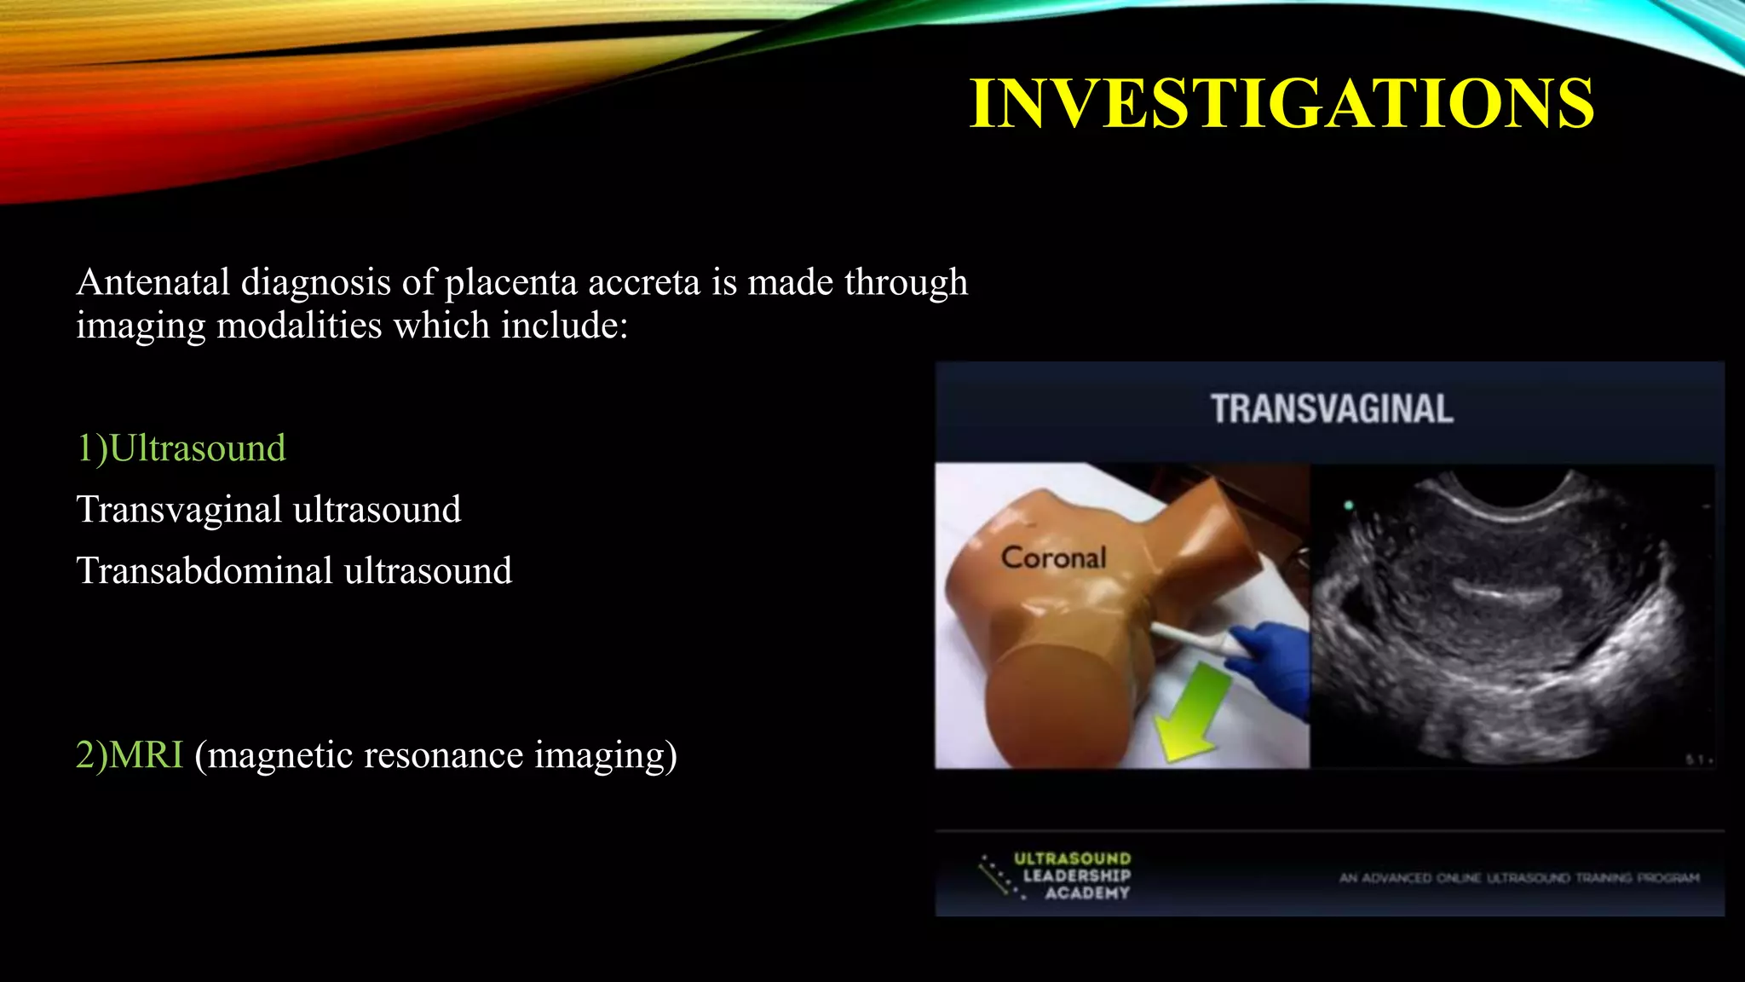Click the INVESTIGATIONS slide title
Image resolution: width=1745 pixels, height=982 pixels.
coord(1281,104)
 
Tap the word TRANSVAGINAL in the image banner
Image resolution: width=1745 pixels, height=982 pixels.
coord(1332,409)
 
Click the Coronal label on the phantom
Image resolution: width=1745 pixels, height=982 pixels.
coord(1053,557)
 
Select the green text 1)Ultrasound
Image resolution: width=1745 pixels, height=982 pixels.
coord(181,448)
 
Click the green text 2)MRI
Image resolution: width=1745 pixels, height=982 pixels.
coord(130,755)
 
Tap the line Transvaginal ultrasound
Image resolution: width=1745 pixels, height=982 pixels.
coord(268,510)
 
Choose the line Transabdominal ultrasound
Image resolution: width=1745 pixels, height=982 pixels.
coord(294,571)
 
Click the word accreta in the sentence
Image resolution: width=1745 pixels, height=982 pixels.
coord(643,282)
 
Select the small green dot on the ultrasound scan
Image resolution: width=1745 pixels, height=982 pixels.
coord(1349,505)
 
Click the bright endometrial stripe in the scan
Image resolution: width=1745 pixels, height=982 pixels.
coord(1506,590)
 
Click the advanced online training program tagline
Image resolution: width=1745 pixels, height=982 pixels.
coord(1519,878)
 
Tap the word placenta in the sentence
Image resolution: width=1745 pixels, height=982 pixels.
coord(511,282)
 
